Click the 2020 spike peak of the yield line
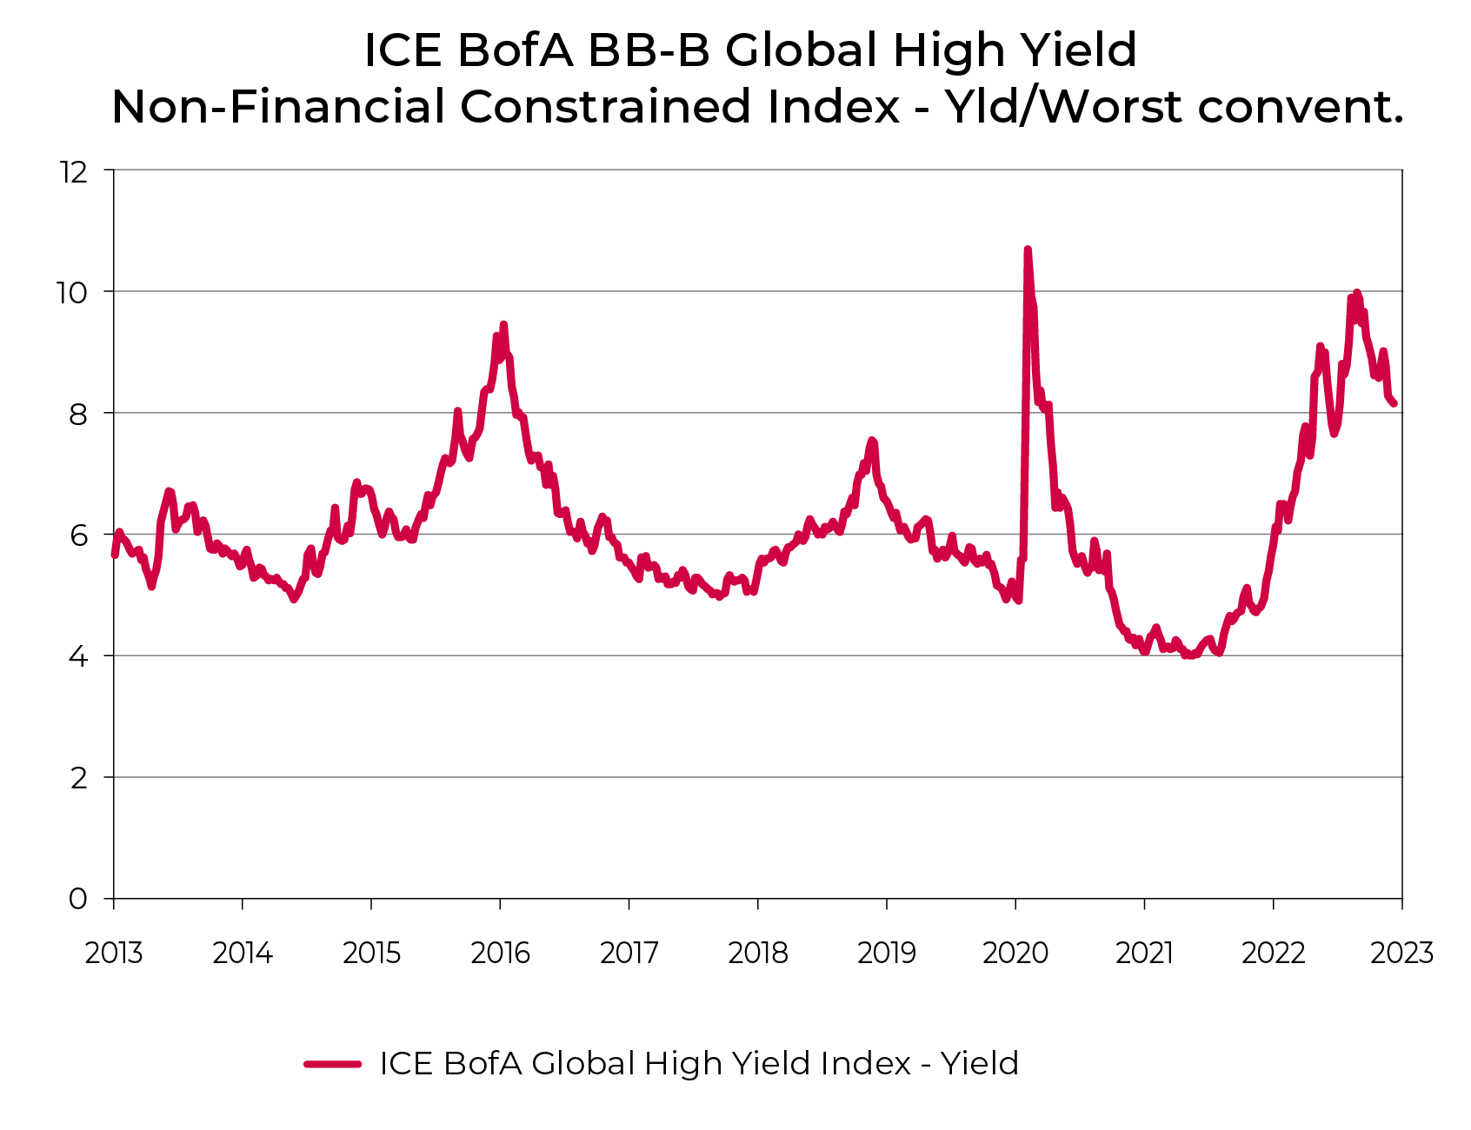tap(1027, 250)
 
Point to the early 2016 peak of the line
tap(503, 325)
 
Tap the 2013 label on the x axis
tap(114, 954)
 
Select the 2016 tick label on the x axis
tap(500, 954)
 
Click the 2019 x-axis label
tap(887, 954)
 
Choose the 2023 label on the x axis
tap(1401, 954)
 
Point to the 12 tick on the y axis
tap(74, 171)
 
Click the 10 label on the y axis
tap(72, 292)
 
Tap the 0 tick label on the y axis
tap(78, 899)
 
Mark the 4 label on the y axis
tap(78, 656)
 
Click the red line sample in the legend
tap(332, 1063)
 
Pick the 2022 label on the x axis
tap(1273, 954)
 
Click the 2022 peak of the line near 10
tap(1356, 294)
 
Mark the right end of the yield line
tap(1394, 403)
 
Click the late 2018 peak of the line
tap(872, 441)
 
